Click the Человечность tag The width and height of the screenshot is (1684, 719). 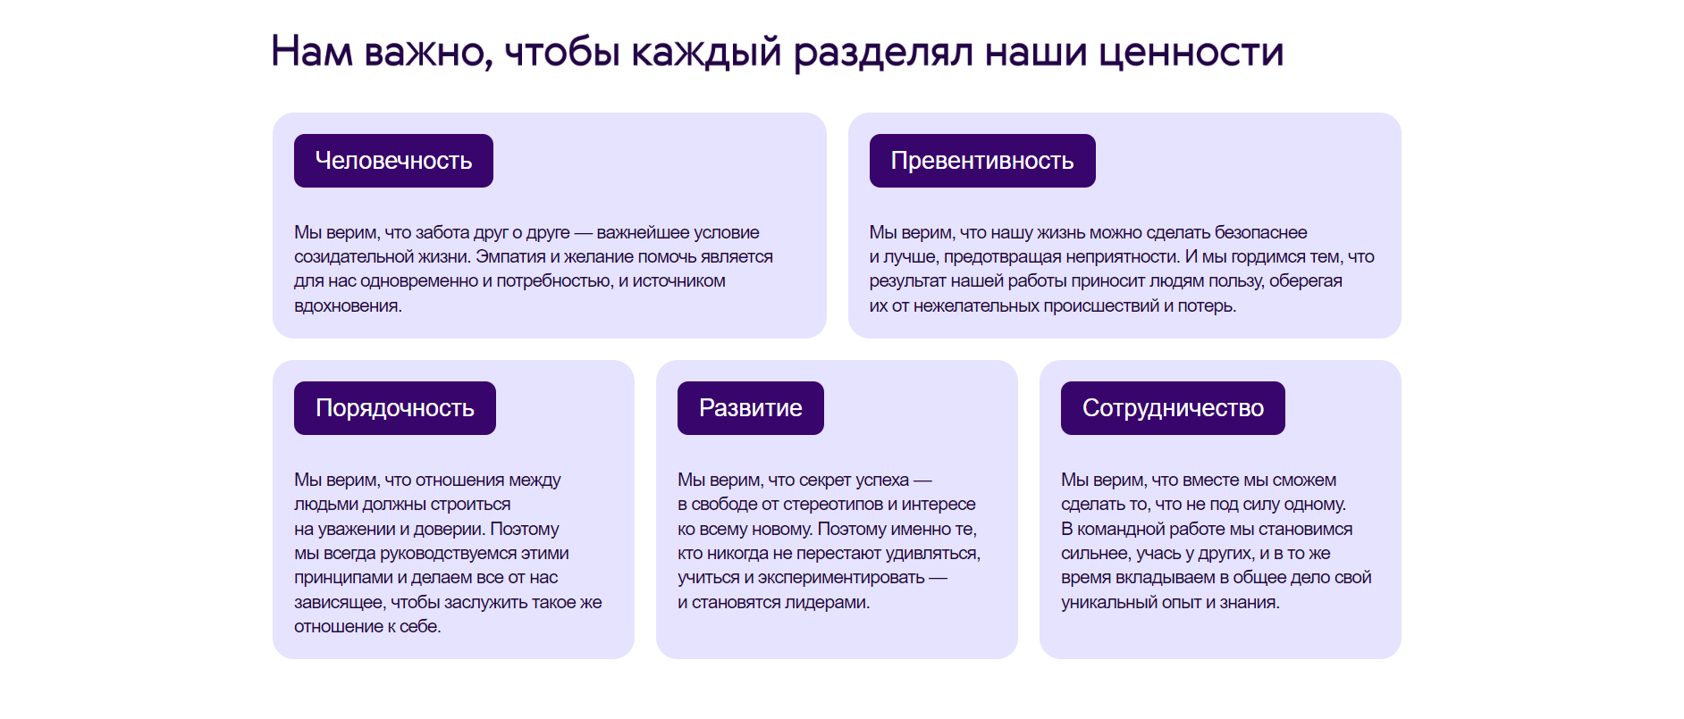tap(393, 161)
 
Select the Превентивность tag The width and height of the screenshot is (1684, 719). tap(982, 161)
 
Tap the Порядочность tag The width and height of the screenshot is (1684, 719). tap(395, 408)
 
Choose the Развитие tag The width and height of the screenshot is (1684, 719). tap(751, 408)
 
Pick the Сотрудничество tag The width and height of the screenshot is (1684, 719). tap(1173, 408)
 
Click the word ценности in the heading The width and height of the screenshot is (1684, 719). tap(1191, 52)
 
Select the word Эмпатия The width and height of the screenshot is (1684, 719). tap(509, 257)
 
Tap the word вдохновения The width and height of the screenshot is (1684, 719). tap(348, 306)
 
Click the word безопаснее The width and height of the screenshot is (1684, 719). tap(1260, 233)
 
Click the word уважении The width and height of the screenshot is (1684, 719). tap(356, 530)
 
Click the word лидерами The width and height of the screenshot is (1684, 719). tap(827, 603)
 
